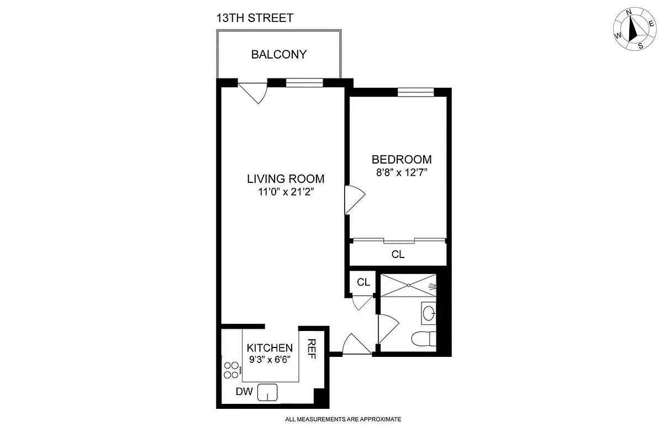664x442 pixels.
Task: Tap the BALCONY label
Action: pos(278,55)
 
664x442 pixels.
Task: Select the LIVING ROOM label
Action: pos(285,179)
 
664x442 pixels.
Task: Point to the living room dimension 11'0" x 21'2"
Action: pos(285,192)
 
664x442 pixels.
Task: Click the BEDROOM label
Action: pos(402,160)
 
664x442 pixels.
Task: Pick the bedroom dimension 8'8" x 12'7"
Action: pos(402,172)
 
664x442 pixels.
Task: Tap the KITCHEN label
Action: pos(269,348)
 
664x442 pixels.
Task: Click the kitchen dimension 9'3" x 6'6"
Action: pos(269,359)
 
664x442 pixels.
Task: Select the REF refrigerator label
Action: pos(312,349)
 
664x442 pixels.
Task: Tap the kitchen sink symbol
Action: pos(267,392)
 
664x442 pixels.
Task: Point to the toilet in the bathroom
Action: pos(424,337)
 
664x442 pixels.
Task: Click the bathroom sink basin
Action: pos(428,313)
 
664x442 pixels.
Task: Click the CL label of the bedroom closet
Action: pos(398,255)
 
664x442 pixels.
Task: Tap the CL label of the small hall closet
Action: pos(363,282)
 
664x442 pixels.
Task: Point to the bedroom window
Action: pos(415,92)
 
